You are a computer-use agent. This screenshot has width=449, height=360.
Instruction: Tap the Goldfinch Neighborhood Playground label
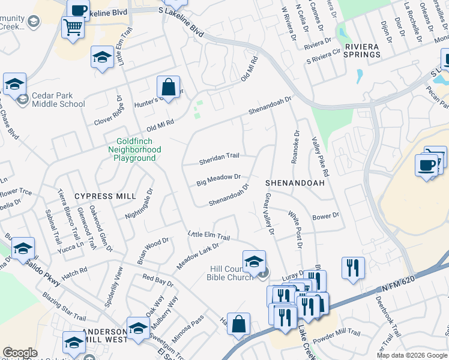click(134, 149)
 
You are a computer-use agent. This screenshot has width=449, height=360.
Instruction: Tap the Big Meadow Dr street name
click(219, 179)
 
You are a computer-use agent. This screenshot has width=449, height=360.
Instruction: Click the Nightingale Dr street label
click(140, 205)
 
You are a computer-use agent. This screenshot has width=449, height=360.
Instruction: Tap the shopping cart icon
click(73, 27)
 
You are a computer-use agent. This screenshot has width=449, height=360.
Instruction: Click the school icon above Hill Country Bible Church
click(254, 260)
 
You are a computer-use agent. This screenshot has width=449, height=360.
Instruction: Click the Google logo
click(20, 353)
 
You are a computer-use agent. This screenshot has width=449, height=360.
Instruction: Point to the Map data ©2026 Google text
click(411, 355)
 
